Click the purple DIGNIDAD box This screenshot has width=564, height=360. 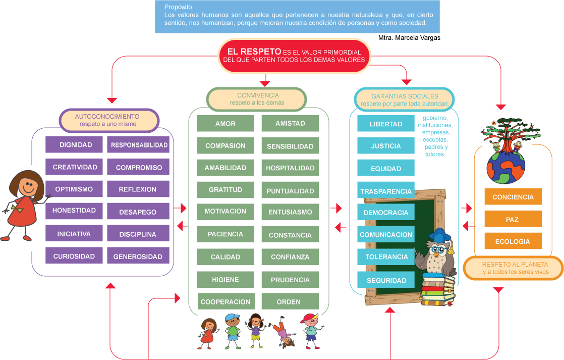pos(76,145)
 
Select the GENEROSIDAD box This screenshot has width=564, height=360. pos(138,256)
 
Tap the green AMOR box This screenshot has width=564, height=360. pos(225,124)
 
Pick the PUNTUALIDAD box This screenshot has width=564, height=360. pos(290,191)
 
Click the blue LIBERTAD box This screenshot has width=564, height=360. pos(386,124)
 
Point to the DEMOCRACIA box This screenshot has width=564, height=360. pos(386,213)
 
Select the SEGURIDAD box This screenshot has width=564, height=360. pos(386,280)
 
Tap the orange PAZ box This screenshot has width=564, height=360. pos(513,220)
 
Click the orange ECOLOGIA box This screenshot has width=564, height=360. pos(513,241)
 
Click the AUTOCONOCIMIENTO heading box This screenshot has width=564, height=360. pos(109,120)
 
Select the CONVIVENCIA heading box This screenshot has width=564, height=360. pos(257,99)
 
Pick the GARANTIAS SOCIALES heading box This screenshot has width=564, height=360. pos(405,99)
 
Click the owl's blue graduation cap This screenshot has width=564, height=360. pos(440,235)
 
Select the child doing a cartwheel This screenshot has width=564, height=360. pos(284,334)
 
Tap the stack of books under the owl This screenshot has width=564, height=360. pos(437,290)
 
